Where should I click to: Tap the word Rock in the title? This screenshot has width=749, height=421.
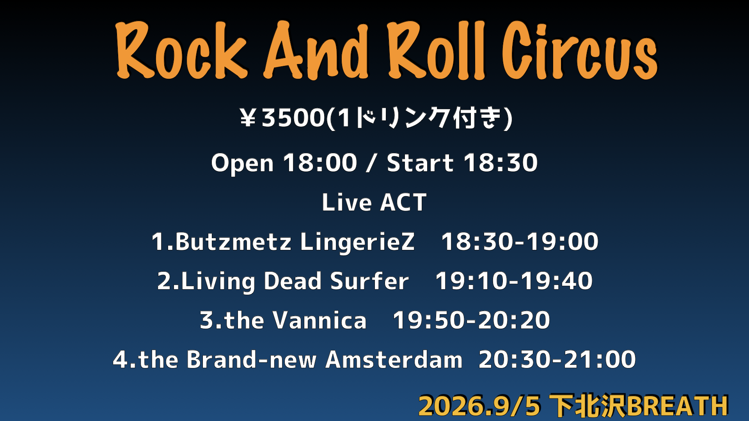tap(182, 50)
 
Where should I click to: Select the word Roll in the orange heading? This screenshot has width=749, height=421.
tap(436, 50)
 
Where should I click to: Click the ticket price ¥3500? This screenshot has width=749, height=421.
tap(282, 117)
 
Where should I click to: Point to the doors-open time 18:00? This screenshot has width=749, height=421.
tap(320, 163)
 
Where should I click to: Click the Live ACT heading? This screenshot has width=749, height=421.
tap(374, 202)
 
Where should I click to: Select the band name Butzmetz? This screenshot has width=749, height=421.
tap(233, 241)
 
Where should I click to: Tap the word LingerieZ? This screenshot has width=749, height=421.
tap(357, 242)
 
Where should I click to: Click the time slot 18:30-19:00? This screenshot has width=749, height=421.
tap(520, 241)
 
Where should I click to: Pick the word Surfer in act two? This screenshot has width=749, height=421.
tap(369, 281)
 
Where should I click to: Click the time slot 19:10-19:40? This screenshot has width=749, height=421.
tap(514, 281)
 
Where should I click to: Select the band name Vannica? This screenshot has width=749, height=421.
tap(319, 320)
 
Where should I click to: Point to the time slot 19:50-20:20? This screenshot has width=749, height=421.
tap(471, 320)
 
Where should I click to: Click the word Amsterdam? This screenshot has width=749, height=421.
tap(394, 359)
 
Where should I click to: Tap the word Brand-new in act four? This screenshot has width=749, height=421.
tap(251, 359)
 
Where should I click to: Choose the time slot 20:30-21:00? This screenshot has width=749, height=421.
tap(557, 359)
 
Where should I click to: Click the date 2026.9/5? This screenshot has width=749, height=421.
tap(479, 406)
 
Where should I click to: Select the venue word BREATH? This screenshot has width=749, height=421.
tap(678, 406)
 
